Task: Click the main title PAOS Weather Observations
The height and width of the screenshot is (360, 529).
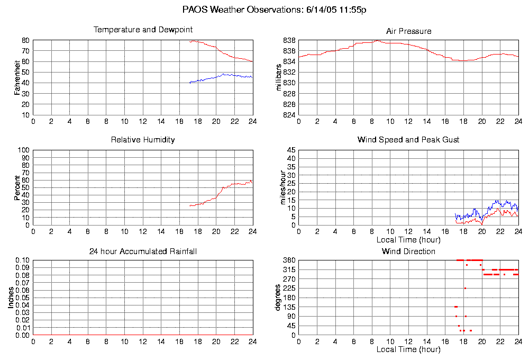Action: (275, 10)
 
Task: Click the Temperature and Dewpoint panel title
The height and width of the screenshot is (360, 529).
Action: (143, 30)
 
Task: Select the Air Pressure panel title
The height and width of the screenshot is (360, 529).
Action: (408, 31)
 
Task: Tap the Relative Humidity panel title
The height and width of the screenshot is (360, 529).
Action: (143, 140)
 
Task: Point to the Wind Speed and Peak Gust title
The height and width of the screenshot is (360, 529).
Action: (408, 140)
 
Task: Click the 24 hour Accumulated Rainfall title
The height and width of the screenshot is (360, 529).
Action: (143, 251)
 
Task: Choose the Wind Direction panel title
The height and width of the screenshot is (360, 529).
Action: (408, 251)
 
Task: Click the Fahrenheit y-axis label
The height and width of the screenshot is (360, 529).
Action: (17, 77)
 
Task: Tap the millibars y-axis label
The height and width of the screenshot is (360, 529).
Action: (279, 77)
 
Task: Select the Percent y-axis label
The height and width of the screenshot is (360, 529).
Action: (17, 187)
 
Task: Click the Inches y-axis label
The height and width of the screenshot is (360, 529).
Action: (11, 298)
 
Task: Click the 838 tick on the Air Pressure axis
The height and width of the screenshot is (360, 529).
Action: (289, 40)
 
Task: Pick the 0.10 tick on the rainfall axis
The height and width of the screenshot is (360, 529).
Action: (23, 260)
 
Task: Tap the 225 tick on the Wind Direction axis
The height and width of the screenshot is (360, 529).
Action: (289, 289)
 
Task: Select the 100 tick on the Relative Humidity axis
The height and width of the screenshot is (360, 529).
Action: (24, 150)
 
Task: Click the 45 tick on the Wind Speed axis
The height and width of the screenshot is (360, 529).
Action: (291, 150)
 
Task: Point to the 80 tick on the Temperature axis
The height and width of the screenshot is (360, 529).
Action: (25, 40)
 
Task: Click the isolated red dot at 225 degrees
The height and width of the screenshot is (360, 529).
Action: (465, 288)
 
